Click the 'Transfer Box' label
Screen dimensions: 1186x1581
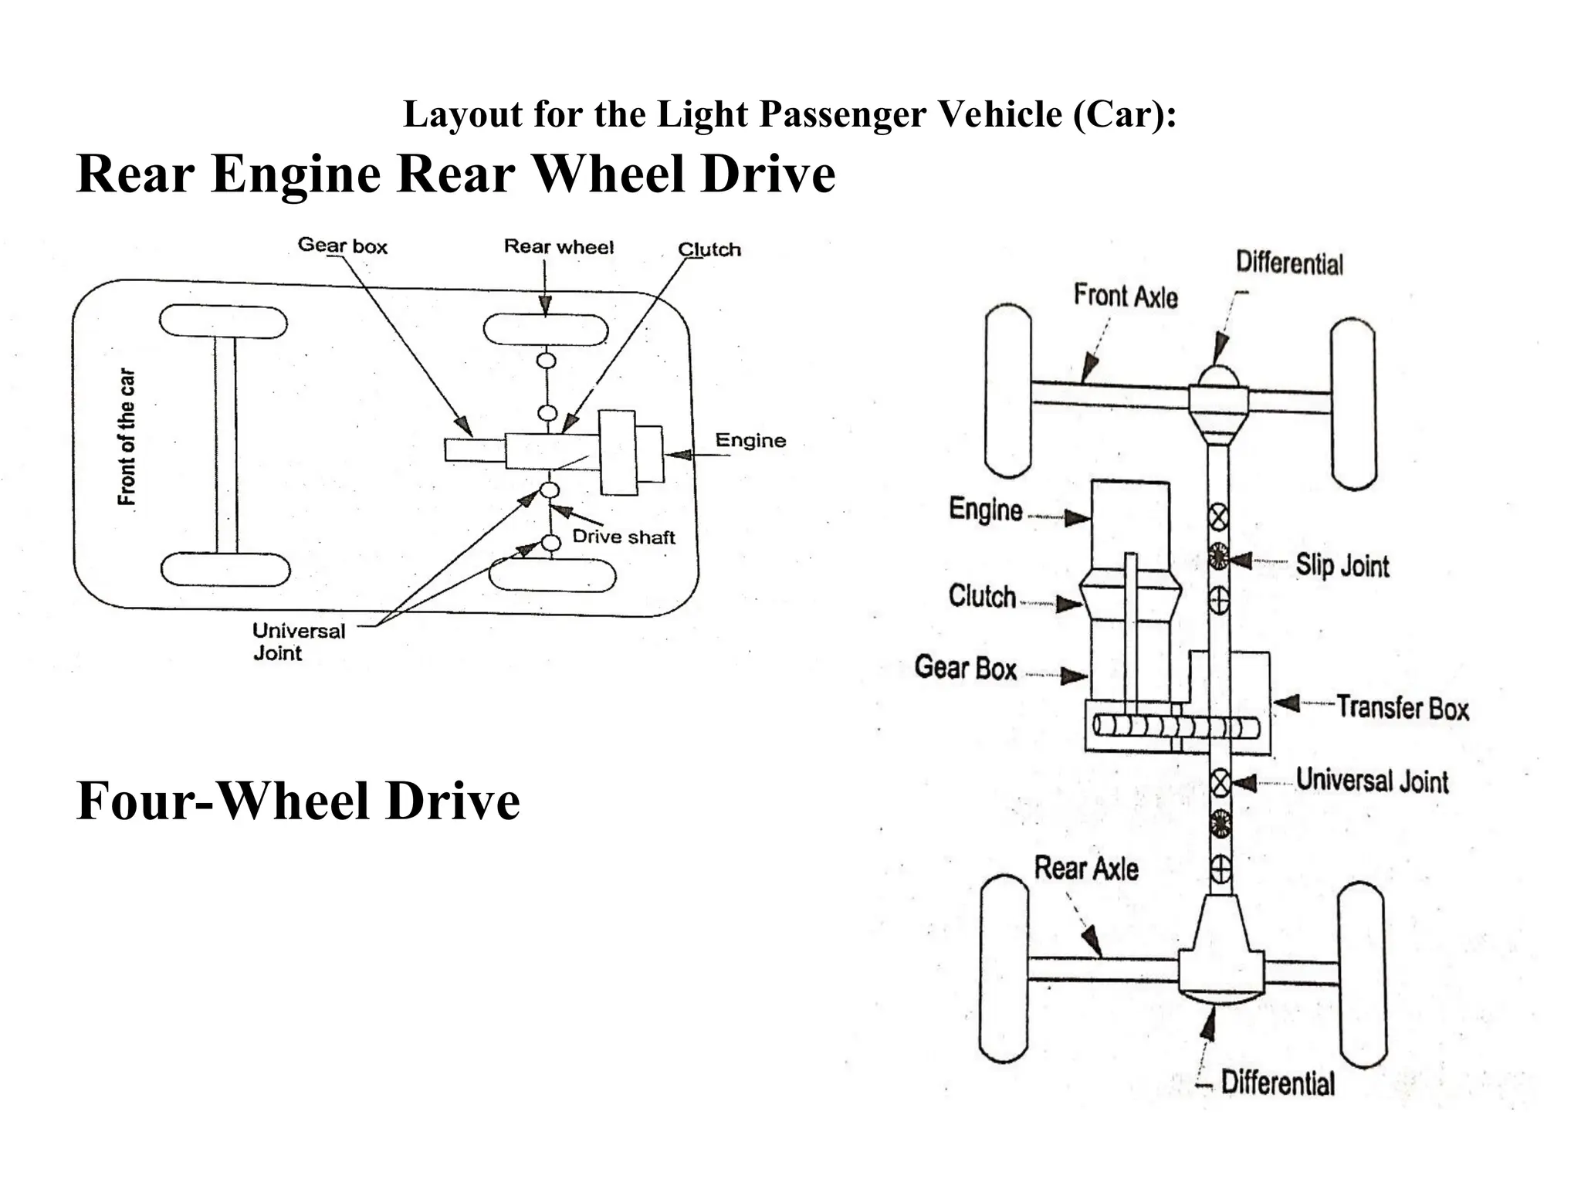(1402, 707)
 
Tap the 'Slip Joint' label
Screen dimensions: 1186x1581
(1342, 565)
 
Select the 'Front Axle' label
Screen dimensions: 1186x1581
(1126, 296)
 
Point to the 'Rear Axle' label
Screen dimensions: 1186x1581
(1086, 869)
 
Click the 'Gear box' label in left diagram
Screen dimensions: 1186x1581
(342, 246)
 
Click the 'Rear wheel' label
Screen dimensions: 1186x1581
(558, 247)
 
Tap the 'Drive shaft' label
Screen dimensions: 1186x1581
(623, 537)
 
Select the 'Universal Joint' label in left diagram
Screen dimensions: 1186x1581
(298, 641)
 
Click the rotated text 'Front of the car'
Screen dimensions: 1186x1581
(127, 437)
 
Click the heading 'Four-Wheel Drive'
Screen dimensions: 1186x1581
(298, 801)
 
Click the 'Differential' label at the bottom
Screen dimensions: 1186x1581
(1277, 1083)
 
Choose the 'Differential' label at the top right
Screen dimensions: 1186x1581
(1289, 263)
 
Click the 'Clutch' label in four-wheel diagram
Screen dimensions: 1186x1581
(981, 596)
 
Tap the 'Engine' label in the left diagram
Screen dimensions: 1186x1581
(750, 441)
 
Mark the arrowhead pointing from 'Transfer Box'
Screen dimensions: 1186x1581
(1285, 703)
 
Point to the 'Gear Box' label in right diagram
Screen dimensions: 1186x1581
(965, 667)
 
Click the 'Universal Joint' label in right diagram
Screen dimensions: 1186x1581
(1372, 780)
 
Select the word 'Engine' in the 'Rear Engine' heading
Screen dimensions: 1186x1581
(295, 174)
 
